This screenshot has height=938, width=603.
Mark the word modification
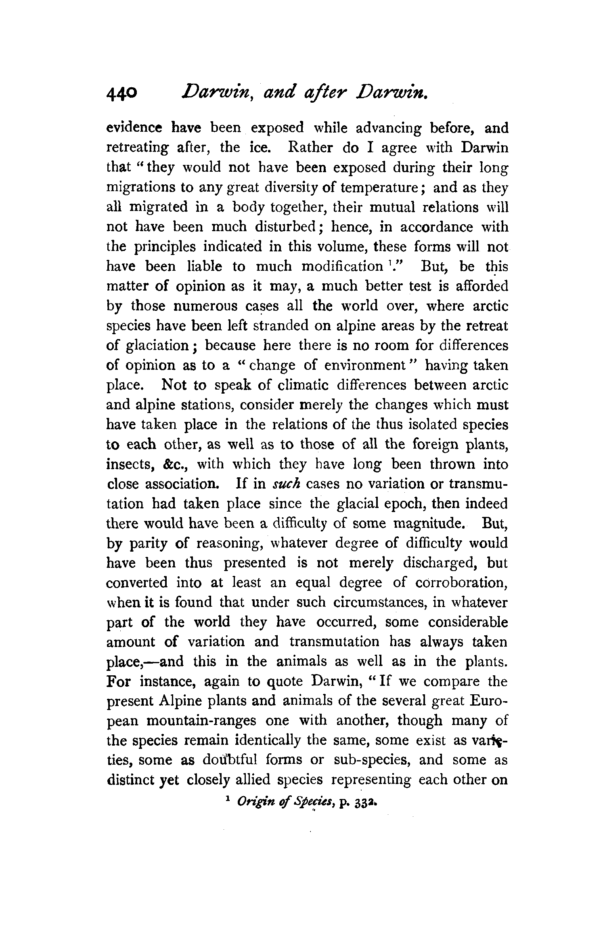(x=341, y=267)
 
